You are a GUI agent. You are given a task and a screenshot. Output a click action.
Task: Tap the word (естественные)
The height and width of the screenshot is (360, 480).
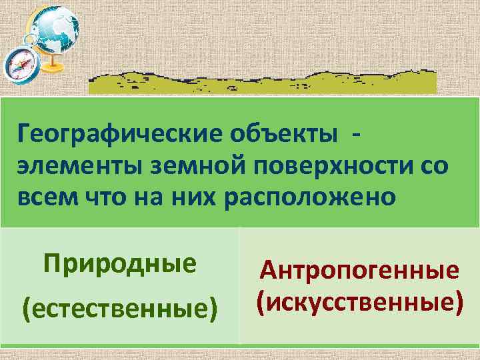pos(120,308)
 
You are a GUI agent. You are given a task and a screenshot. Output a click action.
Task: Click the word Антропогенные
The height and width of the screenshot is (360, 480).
pos(360,271)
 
